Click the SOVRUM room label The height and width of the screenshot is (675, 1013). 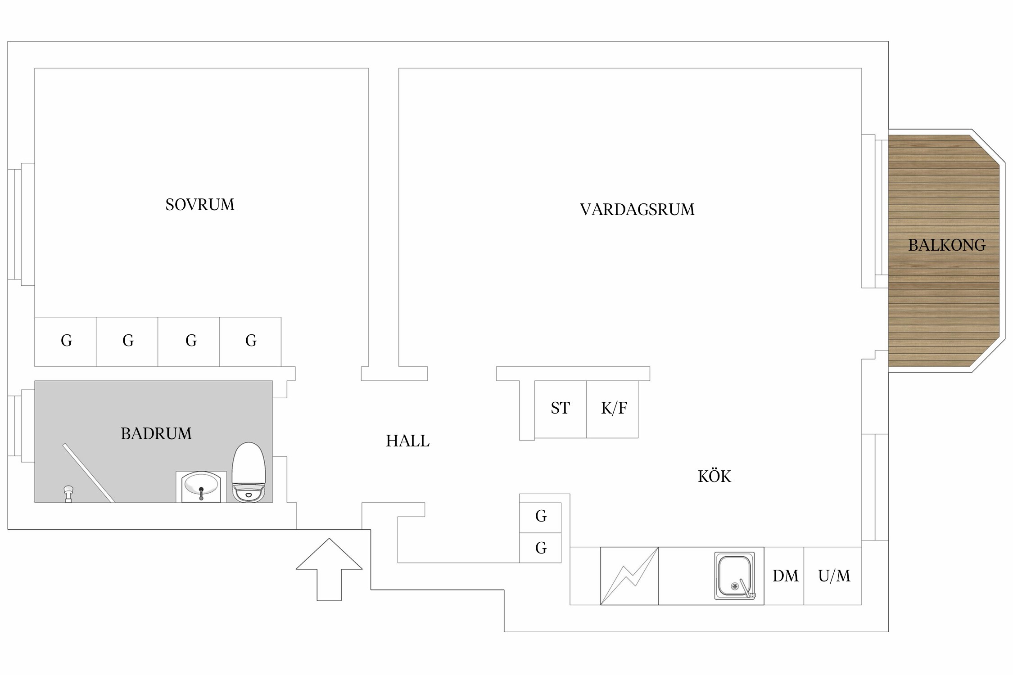[x=200, y=205]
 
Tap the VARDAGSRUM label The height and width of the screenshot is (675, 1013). [x=637, y=210]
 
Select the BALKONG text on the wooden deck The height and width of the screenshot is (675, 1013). [x=946, y=245]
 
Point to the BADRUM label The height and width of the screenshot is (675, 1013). [x=156, y=434]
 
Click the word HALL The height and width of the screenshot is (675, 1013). [x=407, y=441]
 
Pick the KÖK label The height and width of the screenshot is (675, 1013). [x=714, y=477]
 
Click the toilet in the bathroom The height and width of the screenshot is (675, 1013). [x=249, y=472]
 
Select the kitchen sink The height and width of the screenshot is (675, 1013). [x=735, y=576]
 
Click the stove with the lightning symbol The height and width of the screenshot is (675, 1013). [x=629, y=576]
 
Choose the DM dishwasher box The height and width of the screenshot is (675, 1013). [x=785, y=576]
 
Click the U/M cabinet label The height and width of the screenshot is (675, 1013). [x=834, y=576]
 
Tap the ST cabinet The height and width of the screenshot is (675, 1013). [x=560, y=409]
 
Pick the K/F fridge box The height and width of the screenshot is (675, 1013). [x=613, y=409]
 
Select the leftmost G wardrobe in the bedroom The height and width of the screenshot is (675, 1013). [x=66, y=341]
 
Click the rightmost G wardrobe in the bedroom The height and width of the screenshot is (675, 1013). [x=251, y=341]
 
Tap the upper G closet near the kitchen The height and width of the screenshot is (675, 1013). [x=541, y=517]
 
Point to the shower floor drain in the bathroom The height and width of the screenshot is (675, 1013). [x=68, y=494]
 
